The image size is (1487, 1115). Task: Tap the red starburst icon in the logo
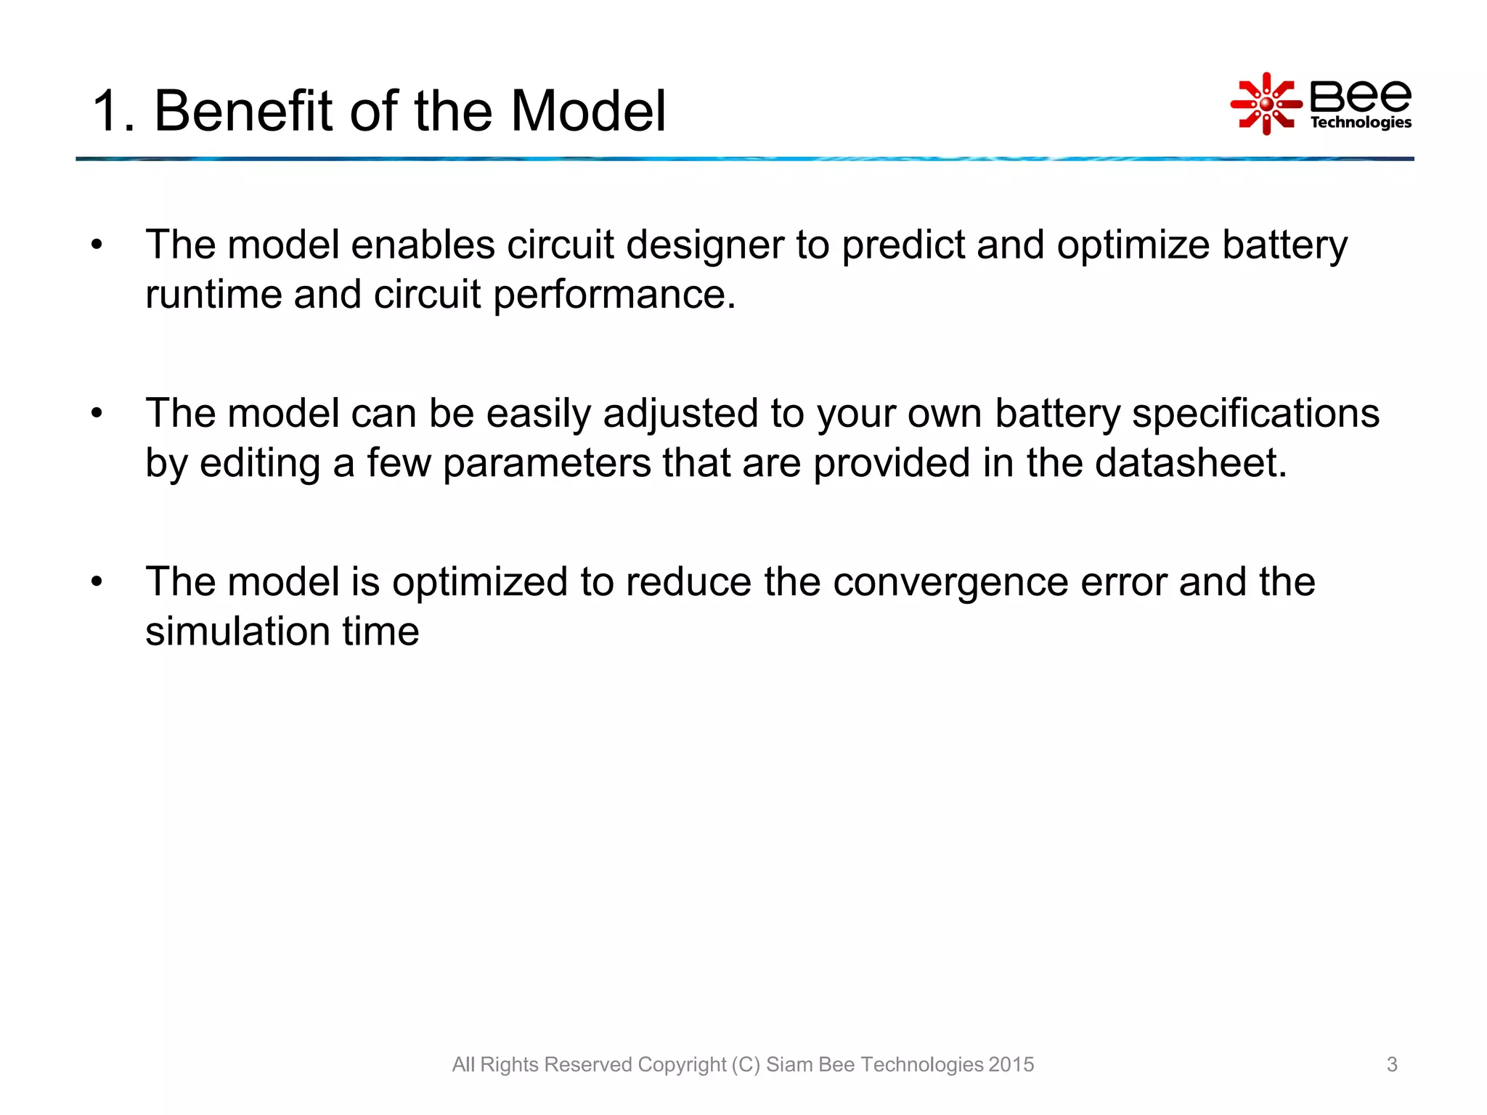[1266, 104]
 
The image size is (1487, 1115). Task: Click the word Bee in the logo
[1360, 95]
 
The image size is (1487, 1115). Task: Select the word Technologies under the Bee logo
[1360, 122]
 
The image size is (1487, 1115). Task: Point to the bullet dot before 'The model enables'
[97, 245]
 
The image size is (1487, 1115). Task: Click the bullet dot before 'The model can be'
[97, 414]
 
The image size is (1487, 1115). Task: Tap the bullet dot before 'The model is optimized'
[97, 582]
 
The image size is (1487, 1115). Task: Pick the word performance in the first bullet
[614, 294]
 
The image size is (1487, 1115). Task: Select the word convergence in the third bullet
[950, 581]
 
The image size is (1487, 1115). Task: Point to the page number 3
[1391, 1064]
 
